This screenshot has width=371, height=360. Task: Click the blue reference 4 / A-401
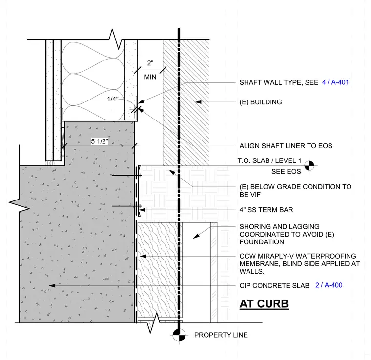coord(335,82)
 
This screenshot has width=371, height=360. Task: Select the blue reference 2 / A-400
coord(329,285)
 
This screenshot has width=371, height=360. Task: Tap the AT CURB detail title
coord(264,304)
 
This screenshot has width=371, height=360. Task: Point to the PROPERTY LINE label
coord(221,335)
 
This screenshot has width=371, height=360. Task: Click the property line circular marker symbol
coord(179,335)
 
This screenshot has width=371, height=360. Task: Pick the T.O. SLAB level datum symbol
coord(309,166)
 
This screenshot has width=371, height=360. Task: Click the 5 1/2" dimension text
coord(100,141)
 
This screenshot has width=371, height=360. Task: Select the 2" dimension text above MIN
coord(150,63)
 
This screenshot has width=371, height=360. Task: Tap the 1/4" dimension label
coord(112,99)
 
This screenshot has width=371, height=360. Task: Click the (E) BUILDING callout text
coord(261,102)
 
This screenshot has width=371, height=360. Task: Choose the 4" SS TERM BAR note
coord(266,210)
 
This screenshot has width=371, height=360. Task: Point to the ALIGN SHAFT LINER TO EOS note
coord(286,146)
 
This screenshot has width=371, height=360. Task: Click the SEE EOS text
coord(286,171)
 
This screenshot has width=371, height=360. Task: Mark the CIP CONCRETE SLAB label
coord(274,285)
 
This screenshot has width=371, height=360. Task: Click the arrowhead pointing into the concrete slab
coord(52,285)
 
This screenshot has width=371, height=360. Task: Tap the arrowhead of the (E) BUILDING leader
coord(198,102)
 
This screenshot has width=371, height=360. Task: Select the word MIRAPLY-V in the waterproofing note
coord(277,256)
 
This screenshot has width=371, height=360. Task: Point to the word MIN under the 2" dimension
coord(150,77)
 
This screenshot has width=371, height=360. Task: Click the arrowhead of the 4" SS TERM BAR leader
coord(142,210)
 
